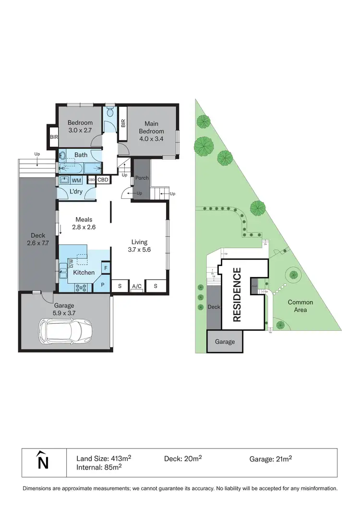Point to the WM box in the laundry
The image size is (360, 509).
76,181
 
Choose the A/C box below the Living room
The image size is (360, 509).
137,287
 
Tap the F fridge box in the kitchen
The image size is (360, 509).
106,267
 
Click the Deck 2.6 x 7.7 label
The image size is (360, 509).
37,239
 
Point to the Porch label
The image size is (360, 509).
142,178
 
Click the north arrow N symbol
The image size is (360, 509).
43,461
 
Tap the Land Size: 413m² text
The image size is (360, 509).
104,458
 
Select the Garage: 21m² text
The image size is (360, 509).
270,459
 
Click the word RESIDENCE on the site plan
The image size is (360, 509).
237,294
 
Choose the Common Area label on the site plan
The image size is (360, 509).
300,306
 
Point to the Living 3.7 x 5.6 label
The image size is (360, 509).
140,246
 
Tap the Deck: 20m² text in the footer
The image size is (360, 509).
182,458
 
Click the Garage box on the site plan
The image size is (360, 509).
225,341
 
